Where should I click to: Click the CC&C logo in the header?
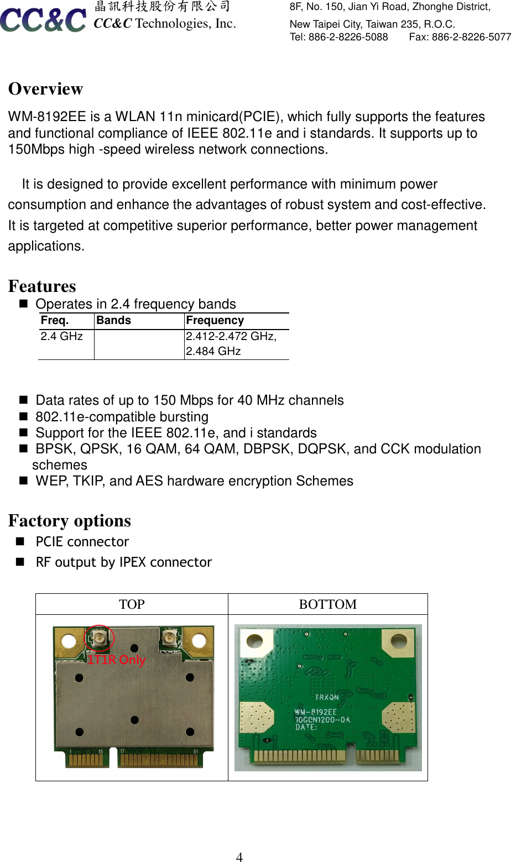(43, 20)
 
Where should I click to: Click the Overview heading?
(45, 89)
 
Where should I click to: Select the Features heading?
(42, 286)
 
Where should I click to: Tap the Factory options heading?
(70, 521)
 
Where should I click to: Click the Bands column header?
(114, 321)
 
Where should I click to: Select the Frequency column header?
(215, 321)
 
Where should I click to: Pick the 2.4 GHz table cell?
(62, 337)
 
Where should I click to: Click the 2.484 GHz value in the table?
(213, 352)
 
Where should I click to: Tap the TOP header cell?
(132, 604)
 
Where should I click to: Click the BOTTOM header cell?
(328, 604)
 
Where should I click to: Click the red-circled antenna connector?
(100, 639)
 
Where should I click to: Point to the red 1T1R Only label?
(116, 660)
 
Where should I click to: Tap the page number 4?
(239, 857)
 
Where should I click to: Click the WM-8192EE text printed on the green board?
(316, 712)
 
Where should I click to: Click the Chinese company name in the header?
(162, 7)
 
